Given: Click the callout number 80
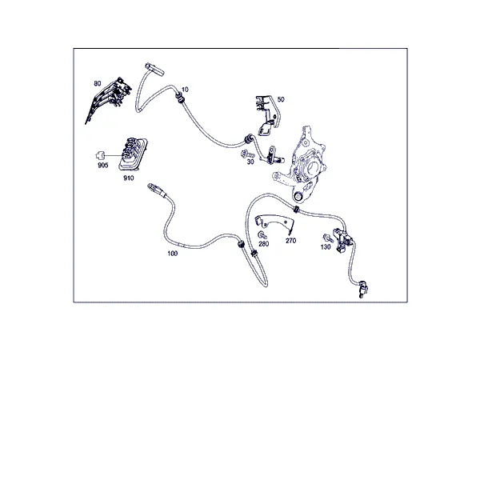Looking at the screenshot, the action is click(x=98, y=83).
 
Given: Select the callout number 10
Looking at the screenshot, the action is click(x=185, y=90).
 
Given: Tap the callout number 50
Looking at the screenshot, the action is click(x=281, y=99).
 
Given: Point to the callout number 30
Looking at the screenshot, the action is click(x=250, y=162).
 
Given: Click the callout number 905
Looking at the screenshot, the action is click(x=103, y=166).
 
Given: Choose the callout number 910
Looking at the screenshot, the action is click(x=129, y=178).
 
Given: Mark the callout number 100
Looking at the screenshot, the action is click(x=172, y=254).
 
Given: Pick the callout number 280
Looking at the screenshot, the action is click(x=263, y=244).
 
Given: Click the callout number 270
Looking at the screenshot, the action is click(x=291, y=241).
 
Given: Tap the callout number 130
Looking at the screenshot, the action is click(x=326, y=246).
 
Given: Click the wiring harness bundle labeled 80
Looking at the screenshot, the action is click(x=109, y=99).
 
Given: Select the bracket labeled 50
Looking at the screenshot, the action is click(x=267, y=114).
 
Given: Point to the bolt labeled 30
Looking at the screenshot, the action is click(x=247, y=154).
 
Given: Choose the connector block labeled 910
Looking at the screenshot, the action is click(x=133, y=154).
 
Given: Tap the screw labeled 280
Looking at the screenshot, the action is click(x=262, y=235).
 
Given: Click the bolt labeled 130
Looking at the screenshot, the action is click(x=327, y=238).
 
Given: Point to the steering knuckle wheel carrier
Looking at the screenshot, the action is click(x=302, y=164).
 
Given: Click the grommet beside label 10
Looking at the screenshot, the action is click(x=180, y=98).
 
